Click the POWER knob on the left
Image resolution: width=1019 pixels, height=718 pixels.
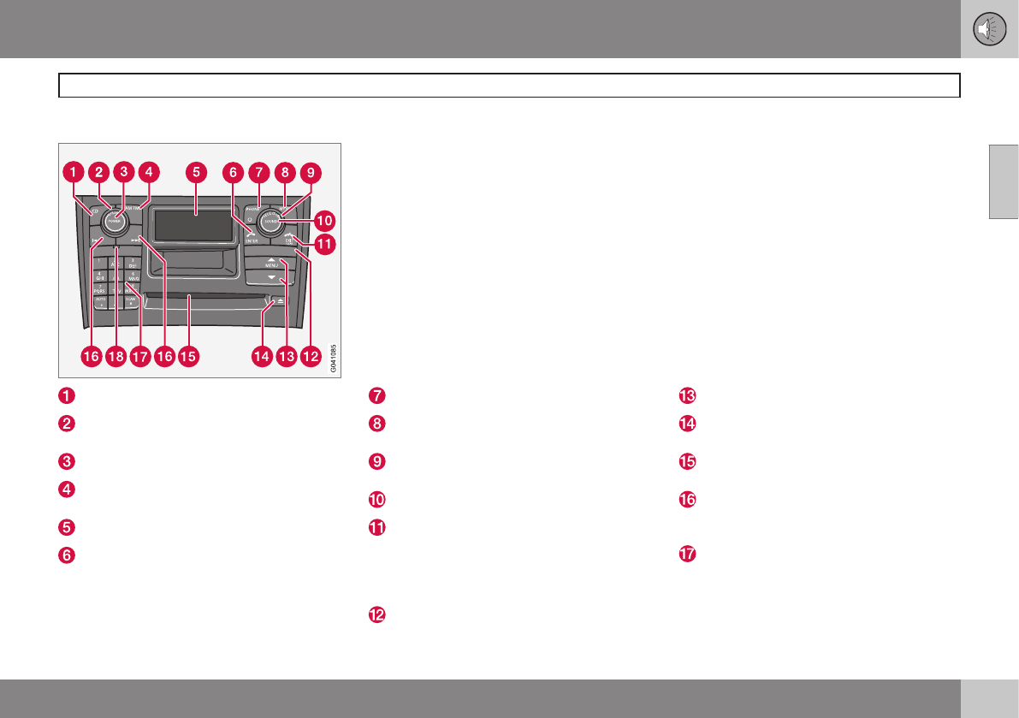113,220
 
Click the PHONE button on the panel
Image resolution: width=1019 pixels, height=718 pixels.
252,209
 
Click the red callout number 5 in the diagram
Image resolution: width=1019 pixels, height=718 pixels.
196,172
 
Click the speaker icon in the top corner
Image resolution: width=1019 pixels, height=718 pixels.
989,29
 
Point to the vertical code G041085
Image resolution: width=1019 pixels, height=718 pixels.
333,359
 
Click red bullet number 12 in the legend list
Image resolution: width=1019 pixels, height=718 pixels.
376,614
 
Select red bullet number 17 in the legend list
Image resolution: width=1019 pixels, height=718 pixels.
689,555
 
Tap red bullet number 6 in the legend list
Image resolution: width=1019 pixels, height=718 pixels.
67,555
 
